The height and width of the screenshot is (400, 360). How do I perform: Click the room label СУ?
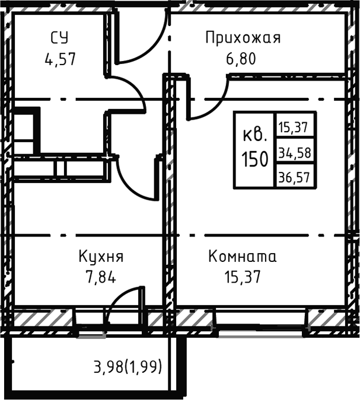pyautogui.click(x=59, y=39)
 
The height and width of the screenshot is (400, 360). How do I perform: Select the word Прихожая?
pyautogui.click(x=243, y=39)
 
